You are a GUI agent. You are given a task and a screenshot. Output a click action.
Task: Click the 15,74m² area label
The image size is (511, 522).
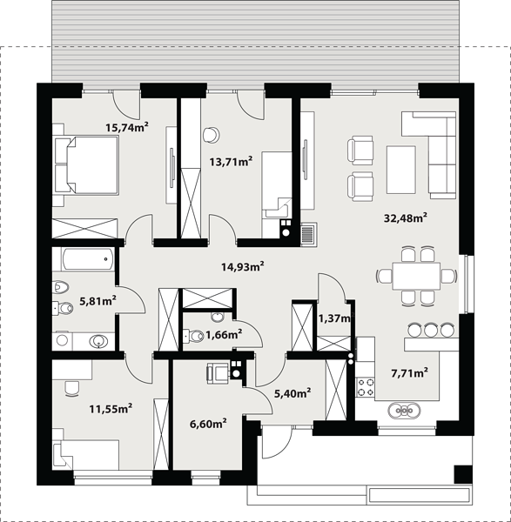point(127,127)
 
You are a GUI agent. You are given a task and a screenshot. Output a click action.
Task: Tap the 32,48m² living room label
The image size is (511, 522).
point(406,218)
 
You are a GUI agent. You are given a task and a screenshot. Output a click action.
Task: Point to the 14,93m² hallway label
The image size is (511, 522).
point(243,266)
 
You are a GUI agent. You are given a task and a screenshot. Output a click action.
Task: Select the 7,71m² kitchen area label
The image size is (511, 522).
point(410,373)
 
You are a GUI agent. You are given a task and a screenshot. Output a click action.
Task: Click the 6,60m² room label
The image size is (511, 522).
point(208,424)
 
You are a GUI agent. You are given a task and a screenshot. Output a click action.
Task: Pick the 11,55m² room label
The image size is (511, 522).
point(111,408)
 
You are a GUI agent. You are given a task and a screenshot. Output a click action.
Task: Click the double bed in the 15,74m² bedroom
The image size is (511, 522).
point(86,165)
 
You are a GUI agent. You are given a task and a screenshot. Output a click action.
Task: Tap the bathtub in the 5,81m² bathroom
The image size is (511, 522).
point(87,259)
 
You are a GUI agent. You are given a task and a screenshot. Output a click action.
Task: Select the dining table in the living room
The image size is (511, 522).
point(416,276)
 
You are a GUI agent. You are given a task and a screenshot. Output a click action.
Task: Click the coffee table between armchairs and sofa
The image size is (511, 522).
point(401,170)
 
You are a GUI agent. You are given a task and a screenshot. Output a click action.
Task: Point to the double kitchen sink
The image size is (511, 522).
point(404,410)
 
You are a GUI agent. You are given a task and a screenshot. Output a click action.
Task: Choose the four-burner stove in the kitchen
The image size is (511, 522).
point(366,387)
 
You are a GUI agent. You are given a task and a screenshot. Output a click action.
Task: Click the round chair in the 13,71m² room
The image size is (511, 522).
point(212,135)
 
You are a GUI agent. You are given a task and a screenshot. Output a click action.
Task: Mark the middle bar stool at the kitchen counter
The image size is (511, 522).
point(431,329)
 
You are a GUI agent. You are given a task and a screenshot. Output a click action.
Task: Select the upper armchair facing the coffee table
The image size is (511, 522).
point(360,151)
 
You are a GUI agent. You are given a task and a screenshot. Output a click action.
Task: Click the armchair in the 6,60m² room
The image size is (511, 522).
point(219,373)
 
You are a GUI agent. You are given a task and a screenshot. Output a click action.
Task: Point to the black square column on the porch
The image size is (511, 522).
point(463,474)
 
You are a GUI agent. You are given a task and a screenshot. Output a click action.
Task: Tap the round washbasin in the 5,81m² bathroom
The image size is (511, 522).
point(98,340)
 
